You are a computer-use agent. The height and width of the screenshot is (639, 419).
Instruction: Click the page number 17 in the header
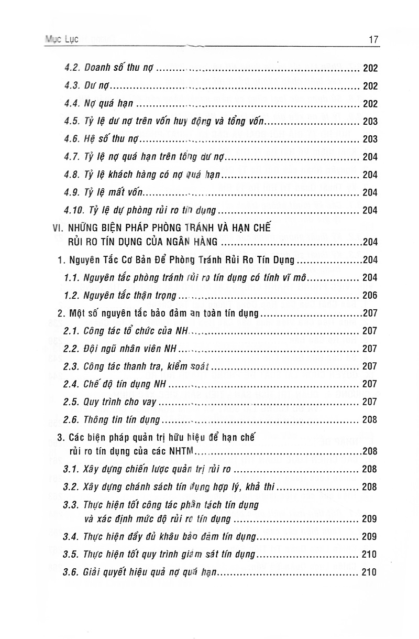[x=373, y=39]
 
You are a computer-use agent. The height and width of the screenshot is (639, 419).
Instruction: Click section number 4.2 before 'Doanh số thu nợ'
[x=72, y=68]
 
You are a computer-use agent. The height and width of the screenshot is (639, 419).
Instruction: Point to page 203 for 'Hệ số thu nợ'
[x=369, y=139]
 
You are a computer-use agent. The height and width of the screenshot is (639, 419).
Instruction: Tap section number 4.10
[x=74, y=210]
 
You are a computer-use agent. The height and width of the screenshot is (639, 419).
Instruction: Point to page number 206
[x=369, y=295]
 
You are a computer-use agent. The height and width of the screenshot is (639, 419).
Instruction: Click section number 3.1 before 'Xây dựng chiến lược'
[x=71, y=469]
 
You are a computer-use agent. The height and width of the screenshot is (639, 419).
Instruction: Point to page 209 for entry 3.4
[x=369, y=536]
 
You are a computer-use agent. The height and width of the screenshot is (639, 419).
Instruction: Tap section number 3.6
[x=71, y=572]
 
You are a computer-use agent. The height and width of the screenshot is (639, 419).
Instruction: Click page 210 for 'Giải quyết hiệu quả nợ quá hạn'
[x=369, y=572]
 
